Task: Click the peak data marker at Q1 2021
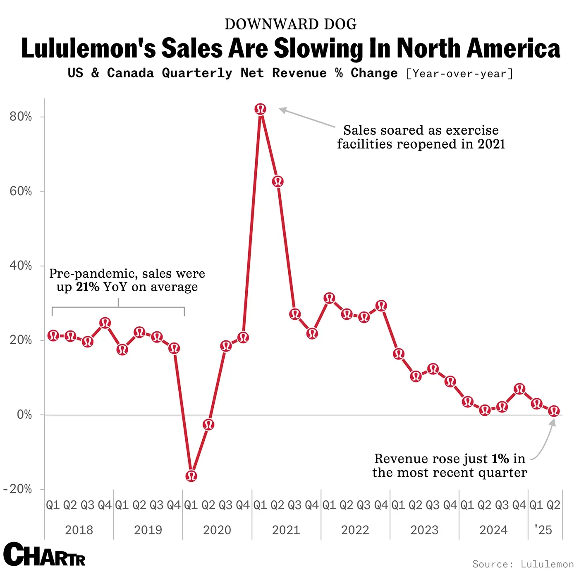click(261, 109)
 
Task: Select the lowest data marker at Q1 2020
click(191, 476)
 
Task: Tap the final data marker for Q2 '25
click(554, 411)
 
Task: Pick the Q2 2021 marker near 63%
click(278, 181)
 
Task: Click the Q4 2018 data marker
click(105, 323)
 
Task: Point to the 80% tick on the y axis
click(21, 117)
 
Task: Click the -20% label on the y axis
click(18, 489)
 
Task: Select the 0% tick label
click(24, 414)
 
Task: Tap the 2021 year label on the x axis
click(286, 530)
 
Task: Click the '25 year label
click(543, 530)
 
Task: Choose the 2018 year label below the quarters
click(79, 530)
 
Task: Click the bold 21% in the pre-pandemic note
click(88, 287)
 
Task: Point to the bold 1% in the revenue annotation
click(500, 459)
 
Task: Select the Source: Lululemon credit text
click(523, 564)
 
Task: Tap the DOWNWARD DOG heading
click(290, 24)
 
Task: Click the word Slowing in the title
click(318, 48)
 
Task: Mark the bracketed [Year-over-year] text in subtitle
click(459, 74)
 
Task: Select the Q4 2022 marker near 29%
click(381, 306)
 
